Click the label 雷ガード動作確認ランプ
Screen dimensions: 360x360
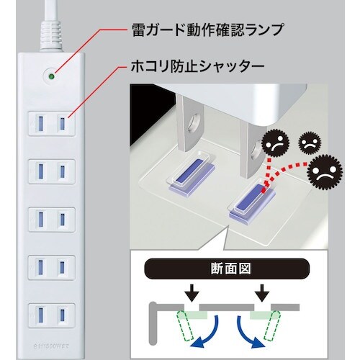point(206,31)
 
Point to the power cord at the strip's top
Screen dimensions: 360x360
point(51,22)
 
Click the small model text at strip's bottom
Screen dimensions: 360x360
point(51,346)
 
